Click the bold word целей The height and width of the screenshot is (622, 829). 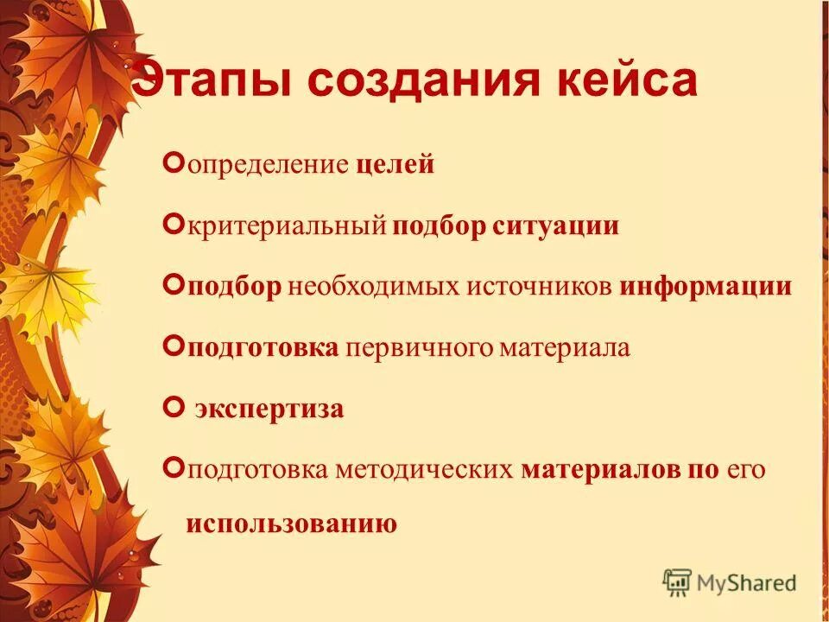pos(394,165)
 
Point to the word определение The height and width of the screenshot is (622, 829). pos(268,165)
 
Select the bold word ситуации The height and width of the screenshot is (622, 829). pos(556,226)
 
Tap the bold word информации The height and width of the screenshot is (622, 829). pos(705,286)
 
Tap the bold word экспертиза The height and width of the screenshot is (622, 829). pos(269,409)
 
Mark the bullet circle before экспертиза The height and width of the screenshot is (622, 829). pos(171,407)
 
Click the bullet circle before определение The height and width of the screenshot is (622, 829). pos(171,163)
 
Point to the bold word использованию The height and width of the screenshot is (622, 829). pos(291,524)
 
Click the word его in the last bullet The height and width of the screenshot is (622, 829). pos(747,469)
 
